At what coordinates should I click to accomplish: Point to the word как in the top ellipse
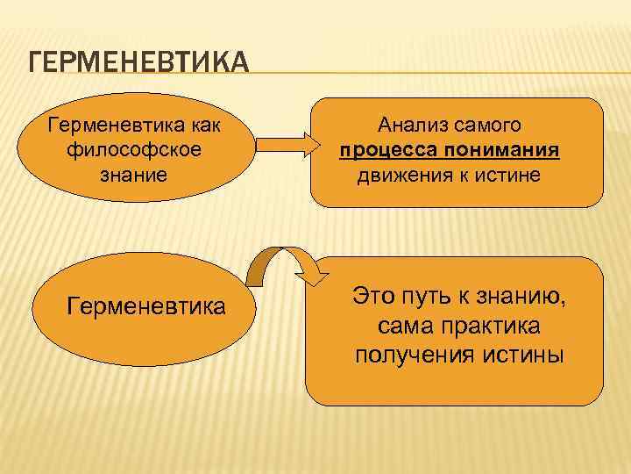click(204, 125)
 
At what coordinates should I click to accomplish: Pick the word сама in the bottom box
click(406, 327)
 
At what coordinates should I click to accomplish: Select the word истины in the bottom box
click(521, 355)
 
